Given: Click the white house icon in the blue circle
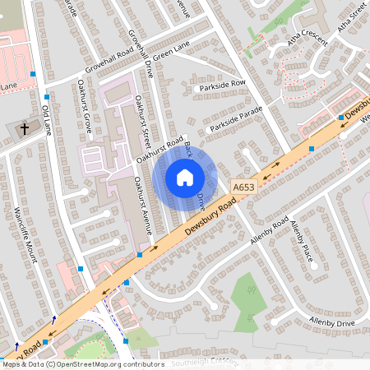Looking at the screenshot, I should (185, 177).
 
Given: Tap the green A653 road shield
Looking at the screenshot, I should (243, 187).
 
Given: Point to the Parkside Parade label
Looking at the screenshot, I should (235, 119).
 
